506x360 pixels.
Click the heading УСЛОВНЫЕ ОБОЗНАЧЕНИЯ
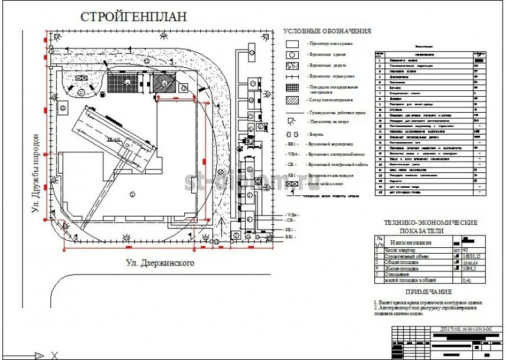click(x=327, y=31)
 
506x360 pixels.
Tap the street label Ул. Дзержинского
click(x=160, y=263)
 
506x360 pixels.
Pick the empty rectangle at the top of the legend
click(x=292, y=44)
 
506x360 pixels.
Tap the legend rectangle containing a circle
click(x=292, y=54)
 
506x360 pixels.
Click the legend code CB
click(x=292, y=165)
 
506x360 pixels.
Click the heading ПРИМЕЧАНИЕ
click(x=428, y=292)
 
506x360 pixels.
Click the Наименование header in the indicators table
click(x=410, y=243)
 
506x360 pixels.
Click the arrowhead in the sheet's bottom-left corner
click(x=40, y=355)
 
